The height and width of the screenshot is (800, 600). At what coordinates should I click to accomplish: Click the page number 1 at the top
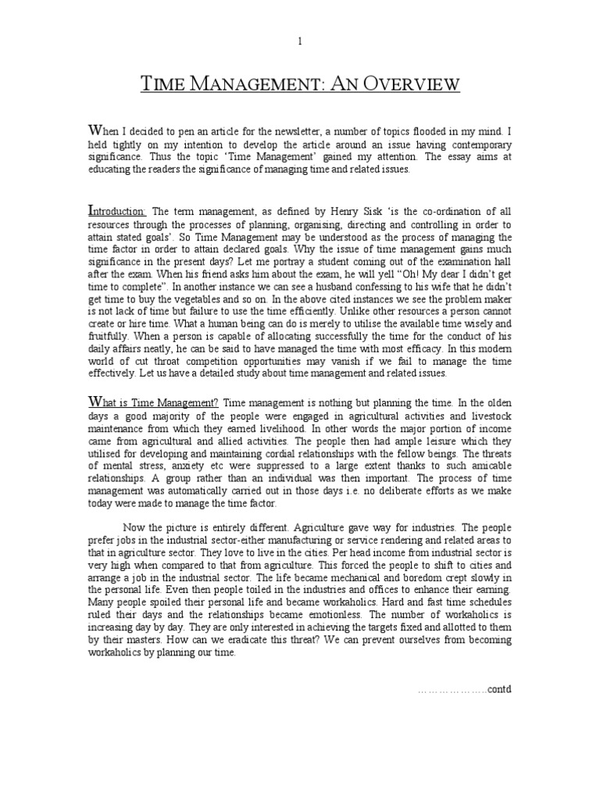pos(299,42)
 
